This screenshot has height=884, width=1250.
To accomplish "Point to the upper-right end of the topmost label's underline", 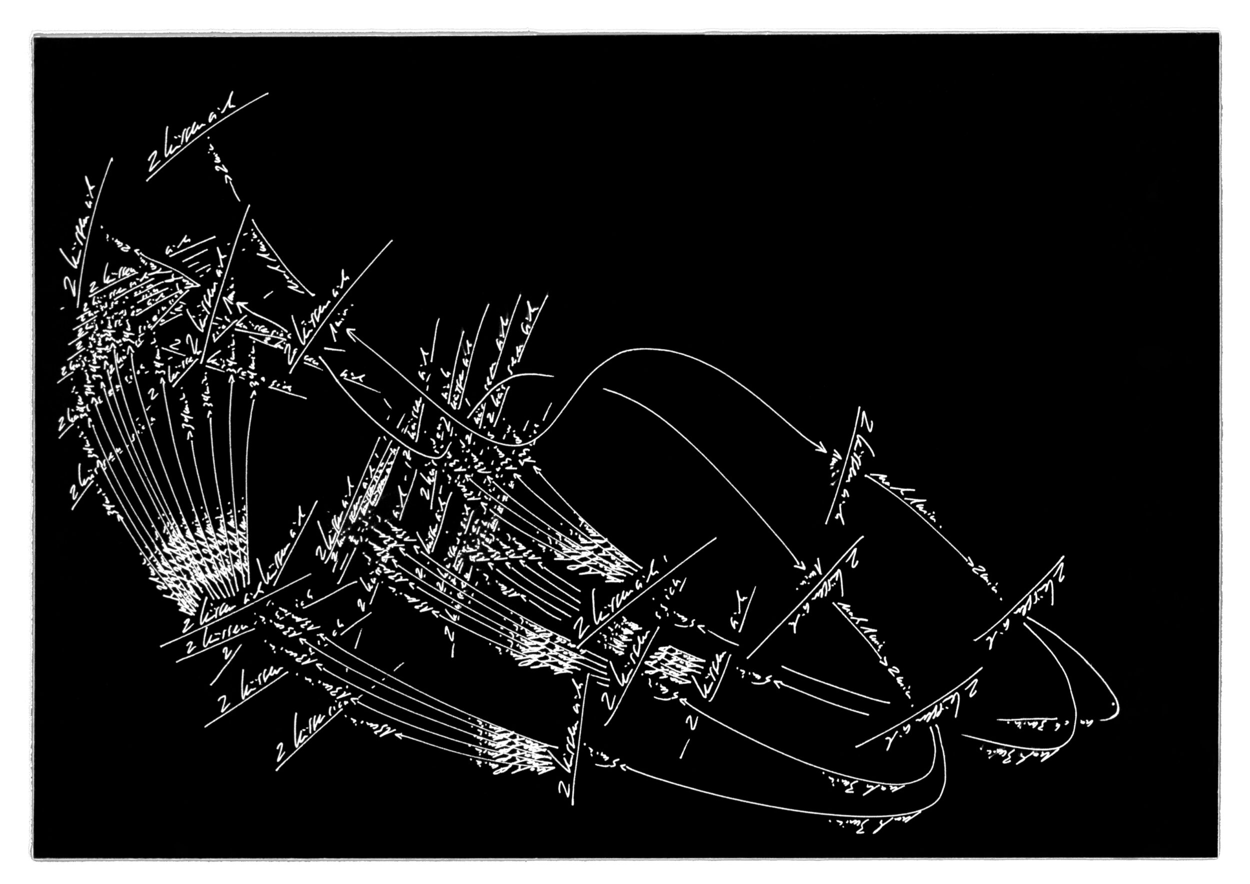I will [x=268, y=93].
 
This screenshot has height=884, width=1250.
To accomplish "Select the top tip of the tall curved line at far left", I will [x=112, y=159].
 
